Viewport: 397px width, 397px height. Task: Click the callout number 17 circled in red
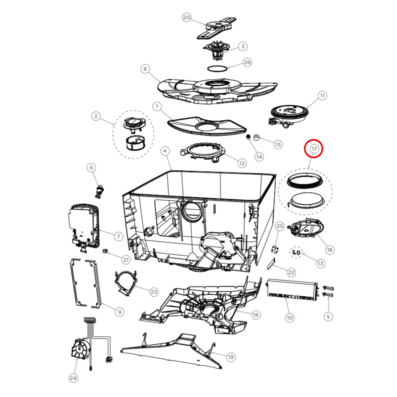[314, 149]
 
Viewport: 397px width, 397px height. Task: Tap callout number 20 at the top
[187, 18]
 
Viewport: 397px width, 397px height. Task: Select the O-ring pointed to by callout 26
[217, 68]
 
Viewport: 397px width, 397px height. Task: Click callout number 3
[243, 46]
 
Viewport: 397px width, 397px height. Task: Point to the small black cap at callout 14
[248, 137]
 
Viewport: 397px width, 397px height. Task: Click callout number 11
[322, 96]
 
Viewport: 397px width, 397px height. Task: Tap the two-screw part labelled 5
[328, 291]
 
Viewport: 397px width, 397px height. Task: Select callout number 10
[290, 318]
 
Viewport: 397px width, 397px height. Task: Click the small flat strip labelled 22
[271, 264]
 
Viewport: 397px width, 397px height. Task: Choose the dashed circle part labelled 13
[296, 252]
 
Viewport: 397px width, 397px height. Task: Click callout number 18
[329, 250]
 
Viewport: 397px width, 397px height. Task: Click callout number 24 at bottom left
[73, 378]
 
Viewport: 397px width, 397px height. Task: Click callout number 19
[231, 357]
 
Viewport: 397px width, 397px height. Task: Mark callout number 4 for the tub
[165, 151]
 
